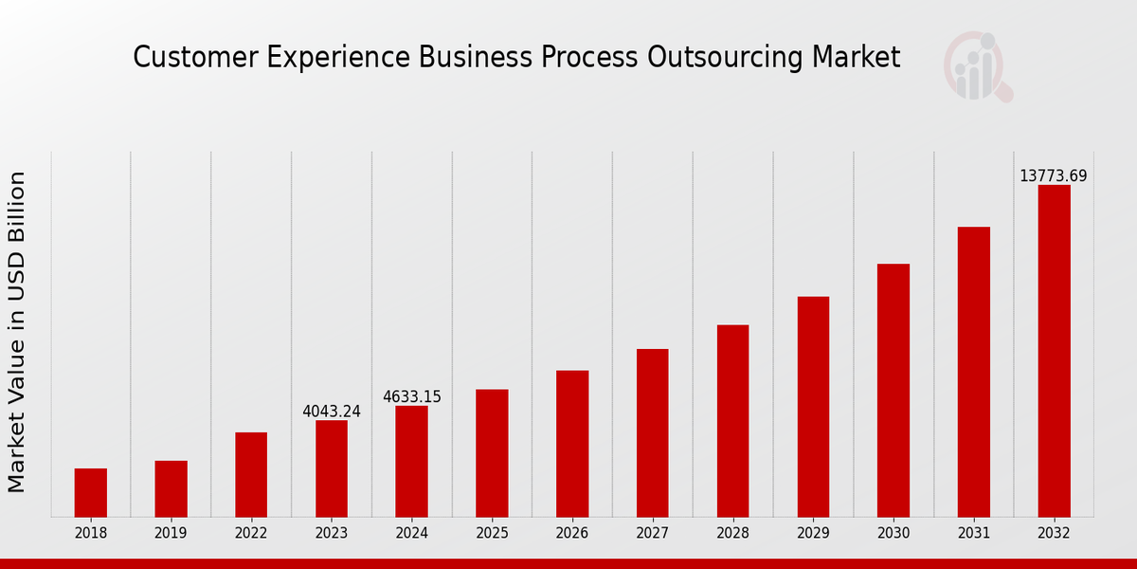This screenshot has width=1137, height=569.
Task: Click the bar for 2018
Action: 91,492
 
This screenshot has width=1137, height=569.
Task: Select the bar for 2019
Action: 171,488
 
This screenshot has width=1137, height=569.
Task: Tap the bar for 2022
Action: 251,474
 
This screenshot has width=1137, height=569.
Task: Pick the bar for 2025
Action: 492,452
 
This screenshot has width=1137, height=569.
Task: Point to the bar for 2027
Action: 652,432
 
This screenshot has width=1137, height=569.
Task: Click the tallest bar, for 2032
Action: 1054,350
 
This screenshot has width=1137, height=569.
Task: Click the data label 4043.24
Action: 332,412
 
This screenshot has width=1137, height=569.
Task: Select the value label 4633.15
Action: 412,397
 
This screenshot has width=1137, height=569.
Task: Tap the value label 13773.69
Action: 1054,176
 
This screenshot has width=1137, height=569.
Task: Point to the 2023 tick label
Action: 332,534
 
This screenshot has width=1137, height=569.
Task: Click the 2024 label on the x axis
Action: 412,534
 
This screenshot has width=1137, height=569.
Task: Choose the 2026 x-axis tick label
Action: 572,534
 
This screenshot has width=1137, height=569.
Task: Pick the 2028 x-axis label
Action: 732,534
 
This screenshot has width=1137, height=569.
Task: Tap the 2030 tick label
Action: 893,534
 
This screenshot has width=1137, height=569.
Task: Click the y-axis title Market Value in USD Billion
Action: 17,332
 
